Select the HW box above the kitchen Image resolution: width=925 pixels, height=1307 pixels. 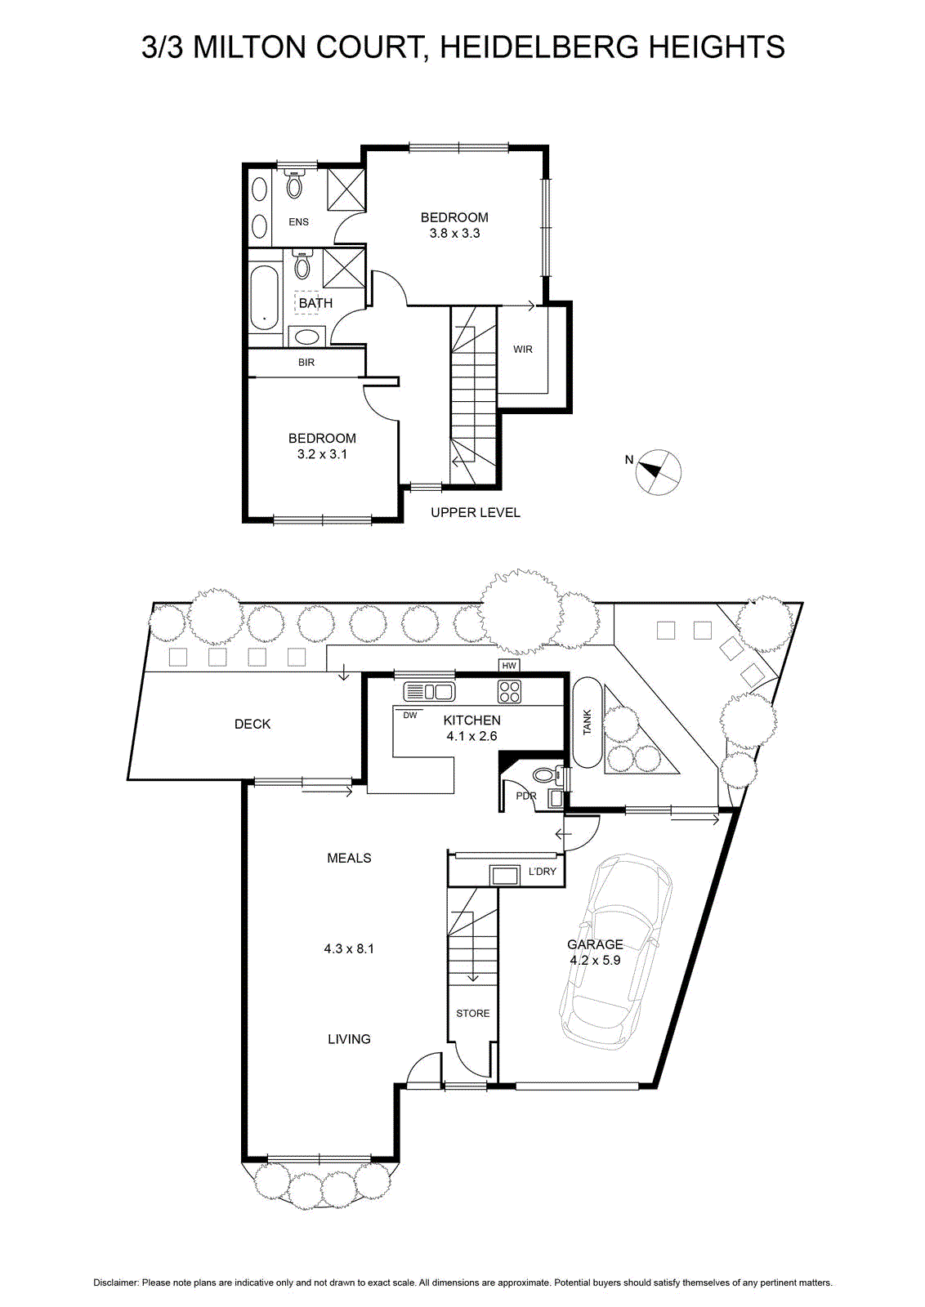(x=509, y=665)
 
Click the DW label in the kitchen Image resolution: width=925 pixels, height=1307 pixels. (x=410, y=716)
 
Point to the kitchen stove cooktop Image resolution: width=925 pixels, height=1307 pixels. (x=509, y=693)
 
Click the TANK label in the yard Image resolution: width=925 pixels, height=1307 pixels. (x=587, y=722)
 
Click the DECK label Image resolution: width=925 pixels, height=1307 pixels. (x=252, y=724)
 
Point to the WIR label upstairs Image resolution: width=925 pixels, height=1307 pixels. (x=523, y=350)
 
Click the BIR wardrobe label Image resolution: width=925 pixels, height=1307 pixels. (x=306, y=363)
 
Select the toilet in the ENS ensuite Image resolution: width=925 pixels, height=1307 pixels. (x=295, y=185)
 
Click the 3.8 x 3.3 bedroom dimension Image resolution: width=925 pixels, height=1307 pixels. (x=454, y=234)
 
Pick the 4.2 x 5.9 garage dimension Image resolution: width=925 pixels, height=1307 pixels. (x=595, y=960)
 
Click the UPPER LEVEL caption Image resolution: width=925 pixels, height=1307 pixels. (x=476, y=513)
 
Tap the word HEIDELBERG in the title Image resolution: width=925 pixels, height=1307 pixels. (x=539, y=47)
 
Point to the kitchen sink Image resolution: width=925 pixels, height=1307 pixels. (x=429, y=693)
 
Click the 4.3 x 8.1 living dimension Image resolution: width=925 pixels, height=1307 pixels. (x=349, y=948)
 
